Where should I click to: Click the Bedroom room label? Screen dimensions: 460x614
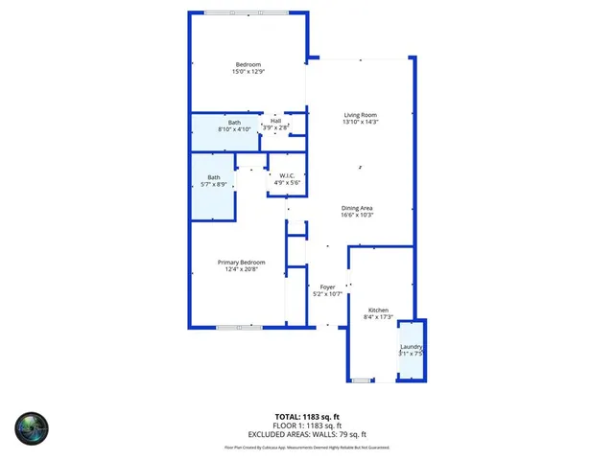pos(248,64)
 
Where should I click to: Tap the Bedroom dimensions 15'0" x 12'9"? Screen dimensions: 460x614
pos(248,72)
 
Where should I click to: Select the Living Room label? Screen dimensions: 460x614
pos(361,115)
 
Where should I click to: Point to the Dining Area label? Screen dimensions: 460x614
pos(356,208)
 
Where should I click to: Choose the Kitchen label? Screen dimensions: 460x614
pos(378,310)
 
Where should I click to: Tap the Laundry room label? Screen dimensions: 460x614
pos(412,346)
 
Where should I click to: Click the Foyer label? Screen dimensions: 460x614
pos(327,287)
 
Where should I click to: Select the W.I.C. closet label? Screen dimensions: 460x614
pos(286,175)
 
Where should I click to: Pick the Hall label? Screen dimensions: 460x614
pos(275,120)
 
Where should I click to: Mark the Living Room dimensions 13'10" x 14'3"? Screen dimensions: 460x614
pos(361,123)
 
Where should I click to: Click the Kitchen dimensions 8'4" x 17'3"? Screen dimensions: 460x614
pos(378,317)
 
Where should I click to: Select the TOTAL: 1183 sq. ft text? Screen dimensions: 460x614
pos(307,416)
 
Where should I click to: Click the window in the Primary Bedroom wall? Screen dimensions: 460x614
pos(239,328)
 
